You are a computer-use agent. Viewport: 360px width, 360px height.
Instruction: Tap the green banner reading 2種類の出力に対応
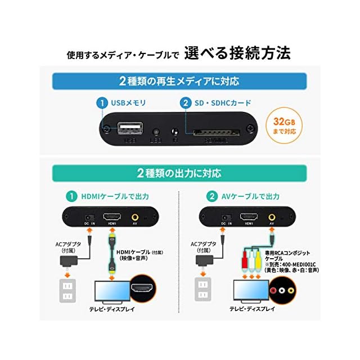(180, 172)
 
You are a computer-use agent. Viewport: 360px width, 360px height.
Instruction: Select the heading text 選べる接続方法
(245, 54)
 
